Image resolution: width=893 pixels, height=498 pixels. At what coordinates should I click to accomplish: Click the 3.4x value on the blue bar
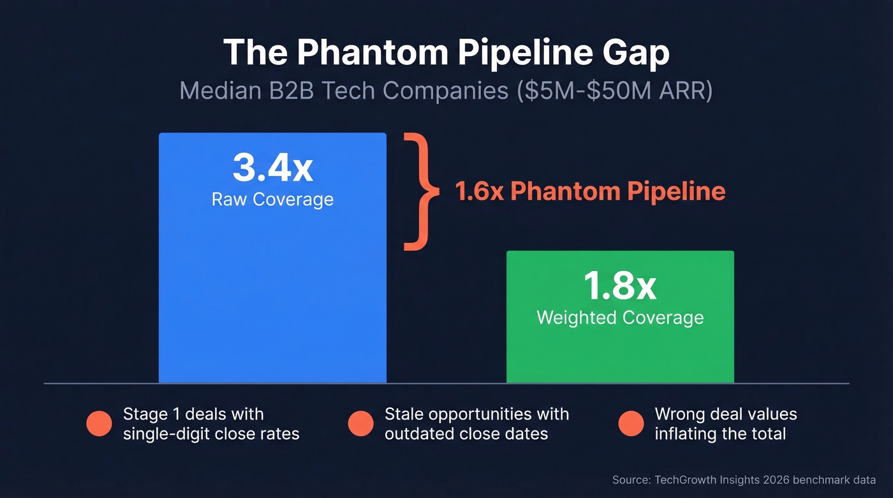click(272, 168)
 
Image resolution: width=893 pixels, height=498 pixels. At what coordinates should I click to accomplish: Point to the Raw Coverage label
click(272, 199)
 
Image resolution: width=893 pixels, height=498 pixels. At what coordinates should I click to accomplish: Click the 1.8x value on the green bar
click(620, 287)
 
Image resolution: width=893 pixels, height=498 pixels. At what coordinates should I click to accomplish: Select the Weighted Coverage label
click(620, 318)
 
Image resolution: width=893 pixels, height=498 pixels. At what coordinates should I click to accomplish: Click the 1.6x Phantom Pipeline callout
click(590, 191)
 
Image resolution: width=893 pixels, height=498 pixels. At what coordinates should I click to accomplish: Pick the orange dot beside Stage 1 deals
click(99, 424)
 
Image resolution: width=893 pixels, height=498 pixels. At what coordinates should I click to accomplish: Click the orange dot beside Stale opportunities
click(360, 424)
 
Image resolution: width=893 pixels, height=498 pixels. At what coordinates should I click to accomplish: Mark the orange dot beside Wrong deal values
click(631, 424)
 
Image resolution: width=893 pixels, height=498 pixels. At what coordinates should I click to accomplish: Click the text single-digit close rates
click(211, 434)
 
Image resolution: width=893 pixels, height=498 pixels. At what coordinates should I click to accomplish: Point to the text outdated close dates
click(466, 434)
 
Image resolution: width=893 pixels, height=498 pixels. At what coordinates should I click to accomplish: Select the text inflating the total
click(720, 434)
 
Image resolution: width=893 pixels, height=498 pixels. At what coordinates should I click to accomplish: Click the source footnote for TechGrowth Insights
click(744, 480)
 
